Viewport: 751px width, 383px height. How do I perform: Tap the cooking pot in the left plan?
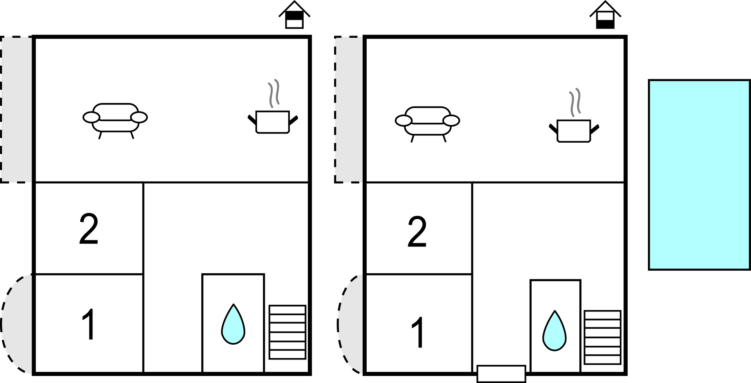tap(272, 121)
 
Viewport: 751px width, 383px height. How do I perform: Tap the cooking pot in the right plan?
tap(574, 131)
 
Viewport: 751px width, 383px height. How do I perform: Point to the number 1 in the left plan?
tap(89, 325)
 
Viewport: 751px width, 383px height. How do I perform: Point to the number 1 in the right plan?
tap(418, 332)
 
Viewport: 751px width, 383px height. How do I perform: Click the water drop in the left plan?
tap(233, 325)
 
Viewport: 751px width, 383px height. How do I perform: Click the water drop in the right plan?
tap(554, 332)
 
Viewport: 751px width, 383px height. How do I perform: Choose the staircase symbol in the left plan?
tap(287, 332)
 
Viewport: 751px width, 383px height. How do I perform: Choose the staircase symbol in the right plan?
tap(602, 338)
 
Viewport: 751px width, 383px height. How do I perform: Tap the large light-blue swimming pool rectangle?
tap(699, 175)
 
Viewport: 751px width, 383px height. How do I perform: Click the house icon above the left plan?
tap(294, 15)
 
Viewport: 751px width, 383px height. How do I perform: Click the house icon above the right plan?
tap(605, 15)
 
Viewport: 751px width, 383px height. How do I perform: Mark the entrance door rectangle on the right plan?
tap(501, 373)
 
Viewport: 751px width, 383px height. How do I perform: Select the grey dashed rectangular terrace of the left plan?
tap(16, 109)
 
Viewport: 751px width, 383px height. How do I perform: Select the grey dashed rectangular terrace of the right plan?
tap(349, 109)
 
